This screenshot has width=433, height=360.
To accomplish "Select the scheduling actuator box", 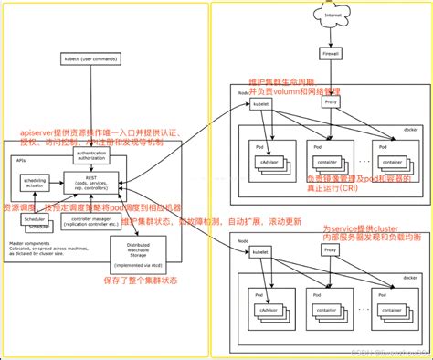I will (x=36, y=183).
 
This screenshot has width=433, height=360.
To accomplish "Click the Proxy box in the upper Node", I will (x=331, y=102).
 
